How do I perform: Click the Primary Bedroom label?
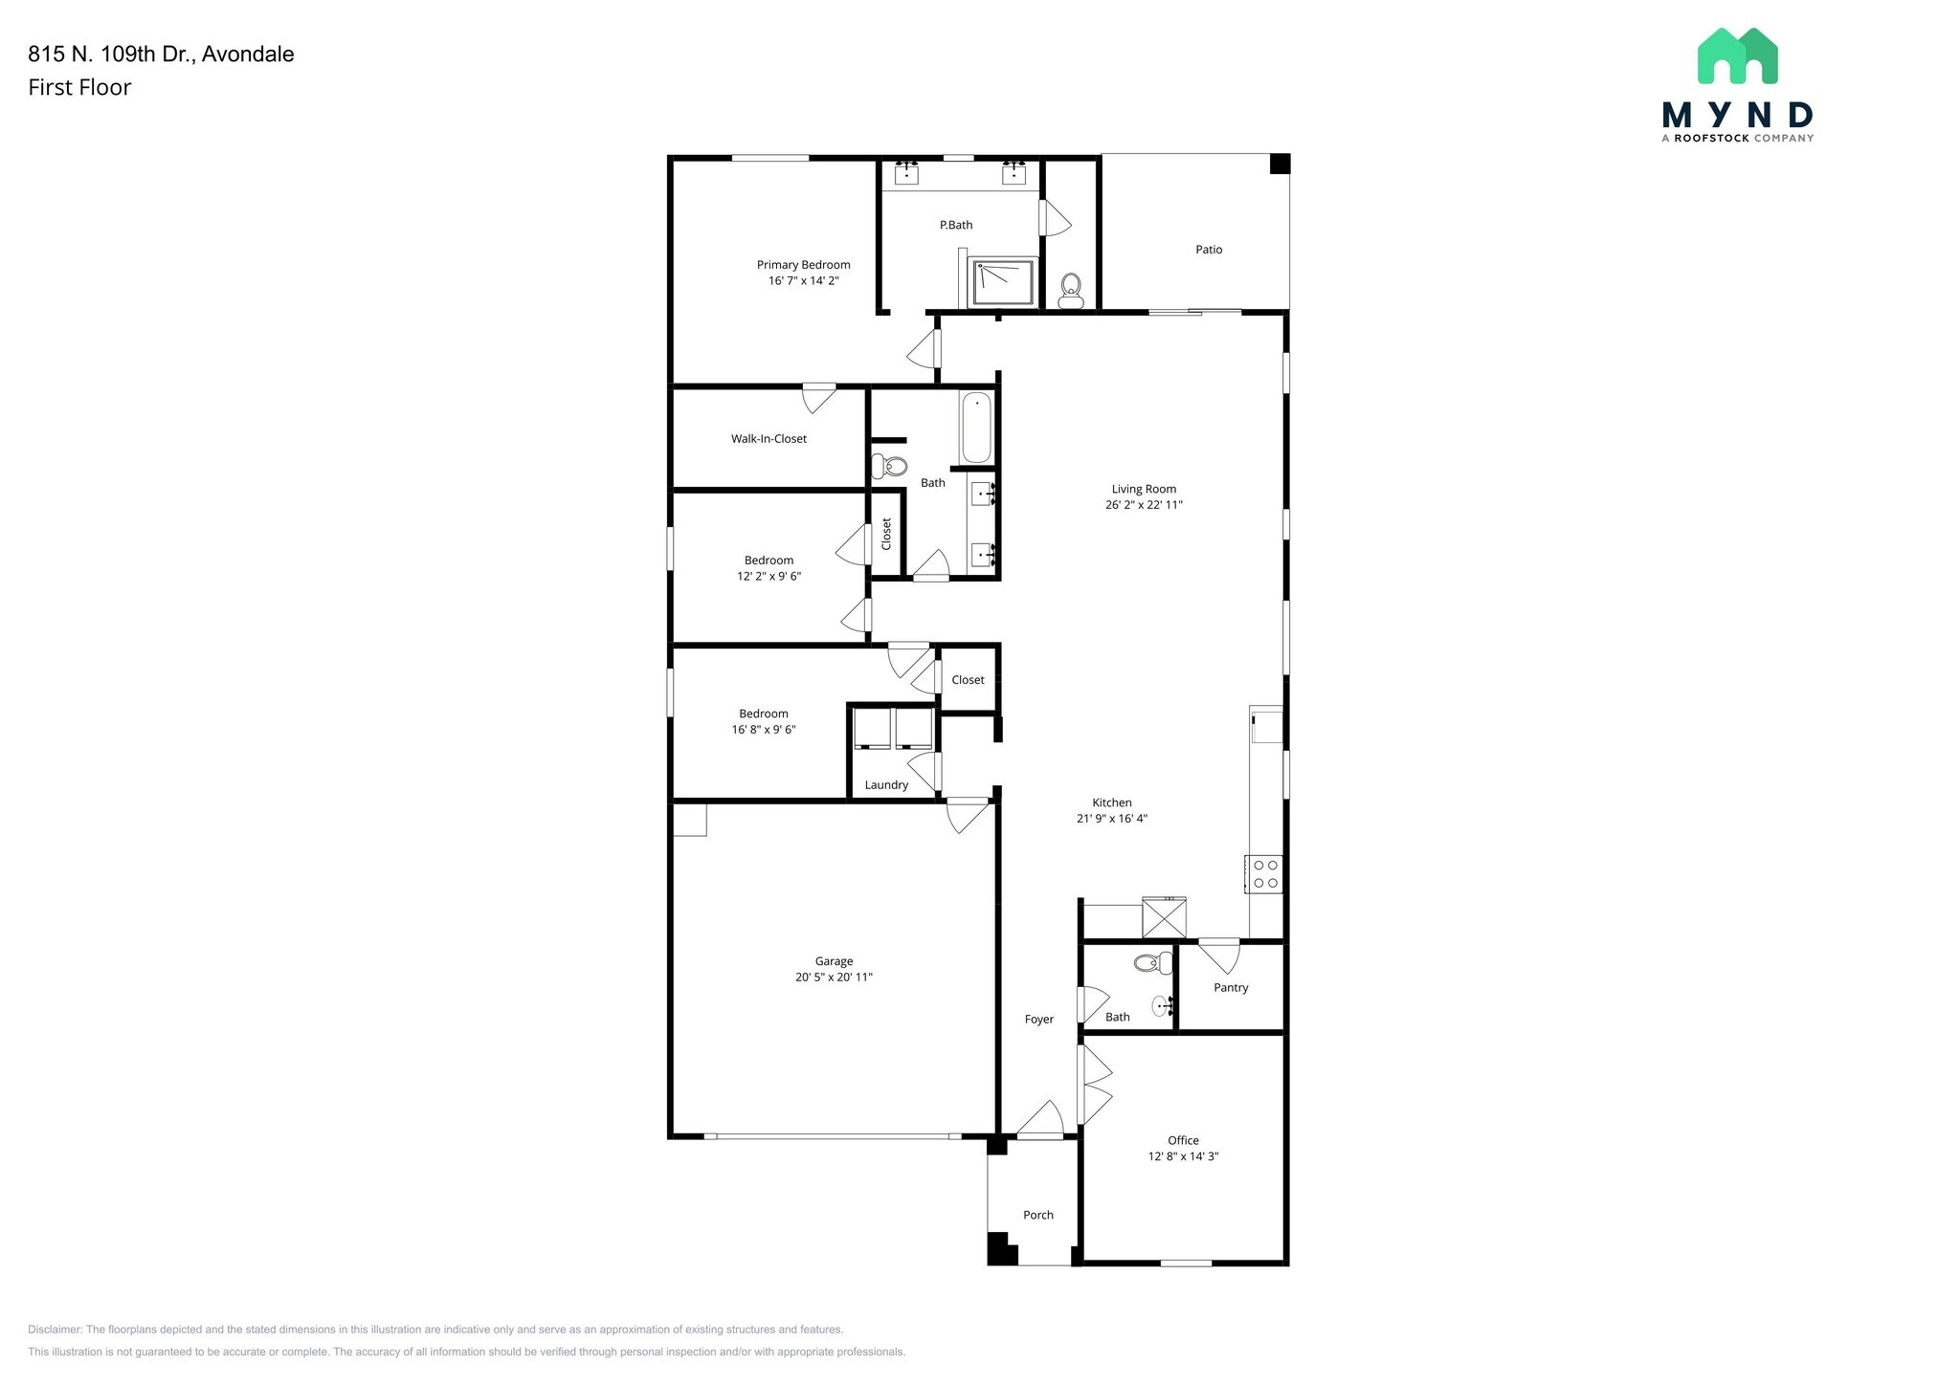coord(803,265)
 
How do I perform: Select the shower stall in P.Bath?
coord(1003,282)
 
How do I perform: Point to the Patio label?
coord(1209,250)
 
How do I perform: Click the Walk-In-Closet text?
coord(768,439)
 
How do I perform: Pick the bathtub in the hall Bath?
coord(976,427)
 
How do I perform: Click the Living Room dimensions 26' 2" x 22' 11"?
coord(1144,505)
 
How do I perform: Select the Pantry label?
coord(1231,988)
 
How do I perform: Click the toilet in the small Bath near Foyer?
coord(1153,963)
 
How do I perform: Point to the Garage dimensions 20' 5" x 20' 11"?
coord(834,978)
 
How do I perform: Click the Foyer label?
coord(1039,1020)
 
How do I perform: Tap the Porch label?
coord(1038,1216)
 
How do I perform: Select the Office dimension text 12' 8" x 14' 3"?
coord(1183,1156)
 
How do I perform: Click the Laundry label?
coord(886,785)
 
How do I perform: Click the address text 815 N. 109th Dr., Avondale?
coord(161,55)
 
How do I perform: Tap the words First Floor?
coord(79,88)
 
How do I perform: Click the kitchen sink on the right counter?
coord(1266,725)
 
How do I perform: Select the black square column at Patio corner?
coord(1280,164)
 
